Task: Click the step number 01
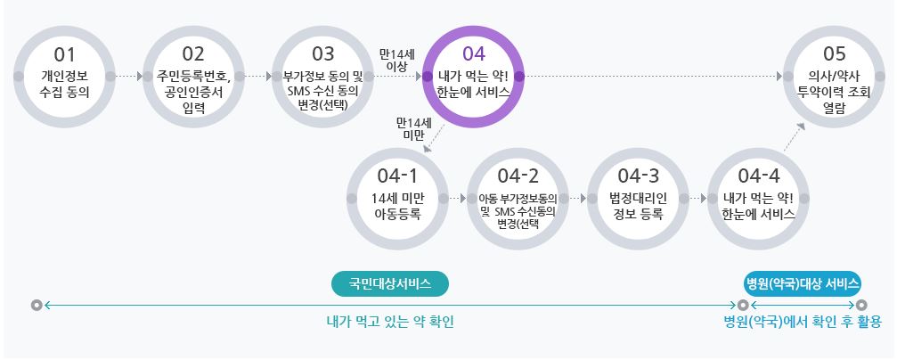[66, 53]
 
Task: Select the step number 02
[193, 53]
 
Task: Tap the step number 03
[322, 53]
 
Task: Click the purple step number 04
[473, 53]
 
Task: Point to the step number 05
[834, 53]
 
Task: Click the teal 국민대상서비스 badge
[390, 283]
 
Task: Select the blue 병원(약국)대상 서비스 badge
[802, 283]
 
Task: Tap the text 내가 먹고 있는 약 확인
[390, 322]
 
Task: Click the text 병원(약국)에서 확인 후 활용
[802, 322]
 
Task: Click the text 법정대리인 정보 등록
[638, 205]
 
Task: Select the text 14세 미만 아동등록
[396, 205]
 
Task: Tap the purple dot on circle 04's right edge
[519, 77]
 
